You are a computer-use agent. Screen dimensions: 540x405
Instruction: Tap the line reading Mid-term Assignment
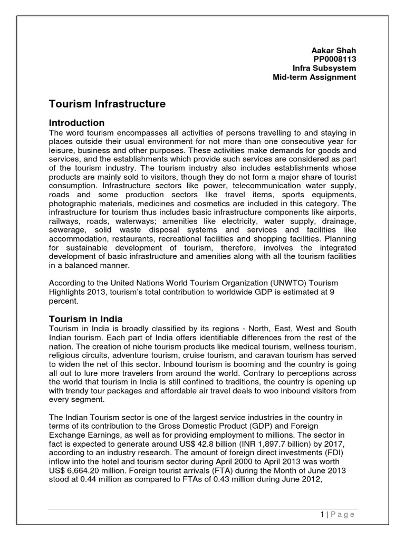pos(314,77)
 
